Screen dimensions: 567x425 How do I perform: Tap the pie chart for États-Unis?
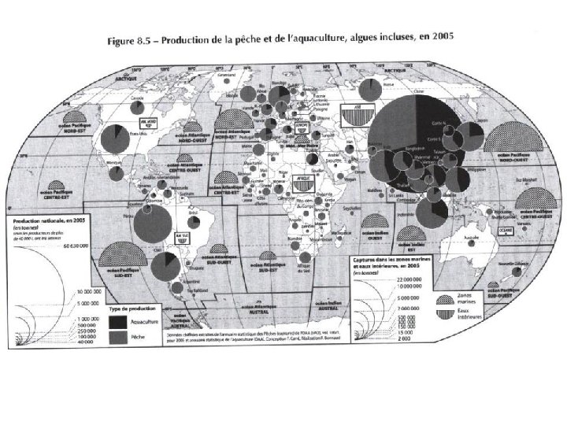point(114,140)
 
